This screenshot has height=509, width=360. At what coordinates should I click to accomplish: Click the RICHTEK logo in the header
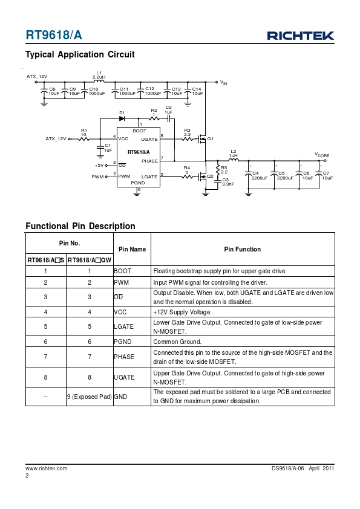[301, 36]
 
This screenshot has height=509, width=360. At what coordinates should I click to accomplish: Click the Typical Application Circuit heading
[80, 54]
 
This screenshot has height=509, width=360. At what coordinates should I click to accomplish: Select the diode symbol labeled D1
[122, 119]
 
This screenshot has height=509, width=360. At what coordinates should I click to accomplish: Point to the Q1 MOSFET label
[211, 138]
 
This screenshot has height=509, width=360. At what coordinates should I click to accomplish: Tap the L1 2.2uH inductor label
[99, 75]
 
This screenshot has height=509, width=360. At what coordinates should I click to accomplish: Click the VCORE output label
[322, 155]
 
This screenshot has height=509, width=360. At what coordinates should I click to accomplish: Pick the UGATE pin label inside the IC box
[149, 139]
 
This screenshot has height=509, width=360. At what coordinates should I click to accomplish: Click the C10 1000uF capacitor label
[96, 91]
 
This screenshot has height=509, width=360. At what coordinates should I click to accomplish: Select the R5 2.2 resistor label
[224, 170]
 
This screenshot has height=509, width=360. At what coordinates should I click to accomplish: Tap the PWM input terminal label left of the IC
[97, 177]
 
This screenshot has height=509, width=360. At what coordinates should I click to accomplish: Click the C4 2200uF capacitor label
[260, 176]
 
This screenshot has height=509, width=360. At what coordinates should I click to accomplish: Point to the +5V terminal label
[99, 165]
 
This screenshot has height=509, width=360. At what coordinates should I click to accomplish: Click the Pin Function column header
[243, 249]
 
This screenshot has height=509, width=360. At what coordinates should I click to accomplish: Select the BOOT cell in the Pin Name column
[122, 271]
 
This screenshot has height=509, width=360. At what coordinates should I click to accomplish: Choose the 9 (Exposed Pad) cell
[90, 397]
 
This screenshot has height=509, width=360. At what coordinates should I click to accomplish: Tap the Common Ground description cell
[177, 342]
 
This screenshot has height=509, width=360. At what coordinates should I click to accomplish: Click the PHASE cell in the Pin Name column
[124, 357]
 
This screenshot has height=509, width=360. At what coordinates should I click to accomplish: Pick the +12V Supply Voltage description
[182, 312]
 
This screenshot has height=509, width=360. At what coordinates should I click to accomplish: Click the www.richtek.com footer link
[47, 468]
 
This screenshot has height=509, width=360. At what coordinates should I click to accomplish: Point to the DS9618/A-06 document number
[288, 468]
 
